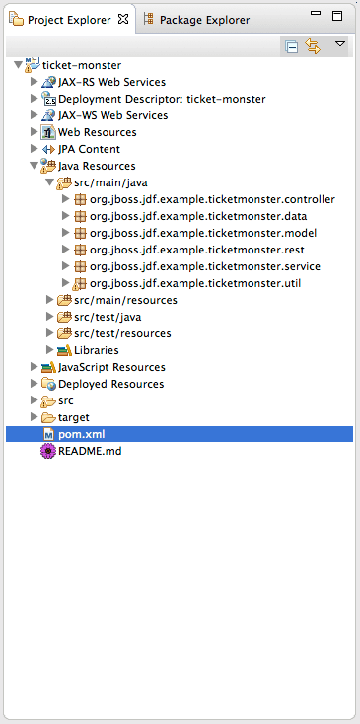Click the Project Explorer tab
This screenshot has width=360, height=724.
69,20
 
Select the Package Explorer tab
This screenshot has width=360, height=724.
197,20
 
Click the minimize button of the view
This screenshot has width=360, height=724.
316,14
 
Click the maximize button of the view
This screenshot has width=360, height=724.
337,16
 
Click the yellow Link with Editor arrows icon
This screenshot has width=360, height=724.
313,46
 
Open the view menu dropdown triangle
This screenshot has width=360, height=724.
340,43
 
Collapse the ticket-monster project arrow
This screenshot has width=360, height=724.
18,65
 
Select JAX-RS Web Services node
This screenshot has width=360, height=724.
111,82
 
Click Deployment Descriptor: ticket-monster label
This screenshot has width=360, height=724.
162,99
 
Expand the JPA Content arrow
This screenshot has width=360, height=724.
34,149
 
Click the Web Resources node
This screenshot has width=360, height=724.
98,132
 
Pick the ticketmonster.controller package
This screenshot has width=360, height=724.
212,199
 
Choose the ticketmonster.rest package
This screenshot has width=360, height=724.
197,250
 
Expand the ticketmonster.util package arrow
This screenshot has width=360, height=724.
65,282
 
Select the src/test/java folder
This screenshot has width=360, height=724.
108,317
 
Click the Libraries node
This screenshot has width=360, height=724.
97,350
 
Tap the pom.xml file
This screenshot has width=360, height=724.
82,434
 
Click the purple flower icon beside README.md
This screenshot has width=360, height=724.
48,451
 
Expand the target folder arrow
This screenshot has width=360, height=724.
34,417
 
